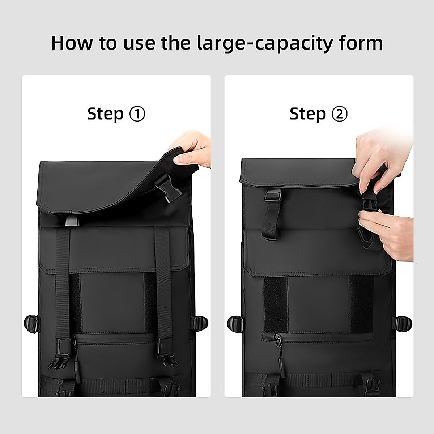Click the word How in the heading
(x=72, y=43)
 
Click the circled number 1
(x=137, y=114)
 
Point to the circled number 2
(x=339, y=114)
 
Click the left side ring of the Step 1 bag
(x=31, y=323)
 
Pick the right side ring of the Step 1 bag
(x=200, y=323)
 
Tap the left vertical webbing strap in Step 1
(x=63, y=284)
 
